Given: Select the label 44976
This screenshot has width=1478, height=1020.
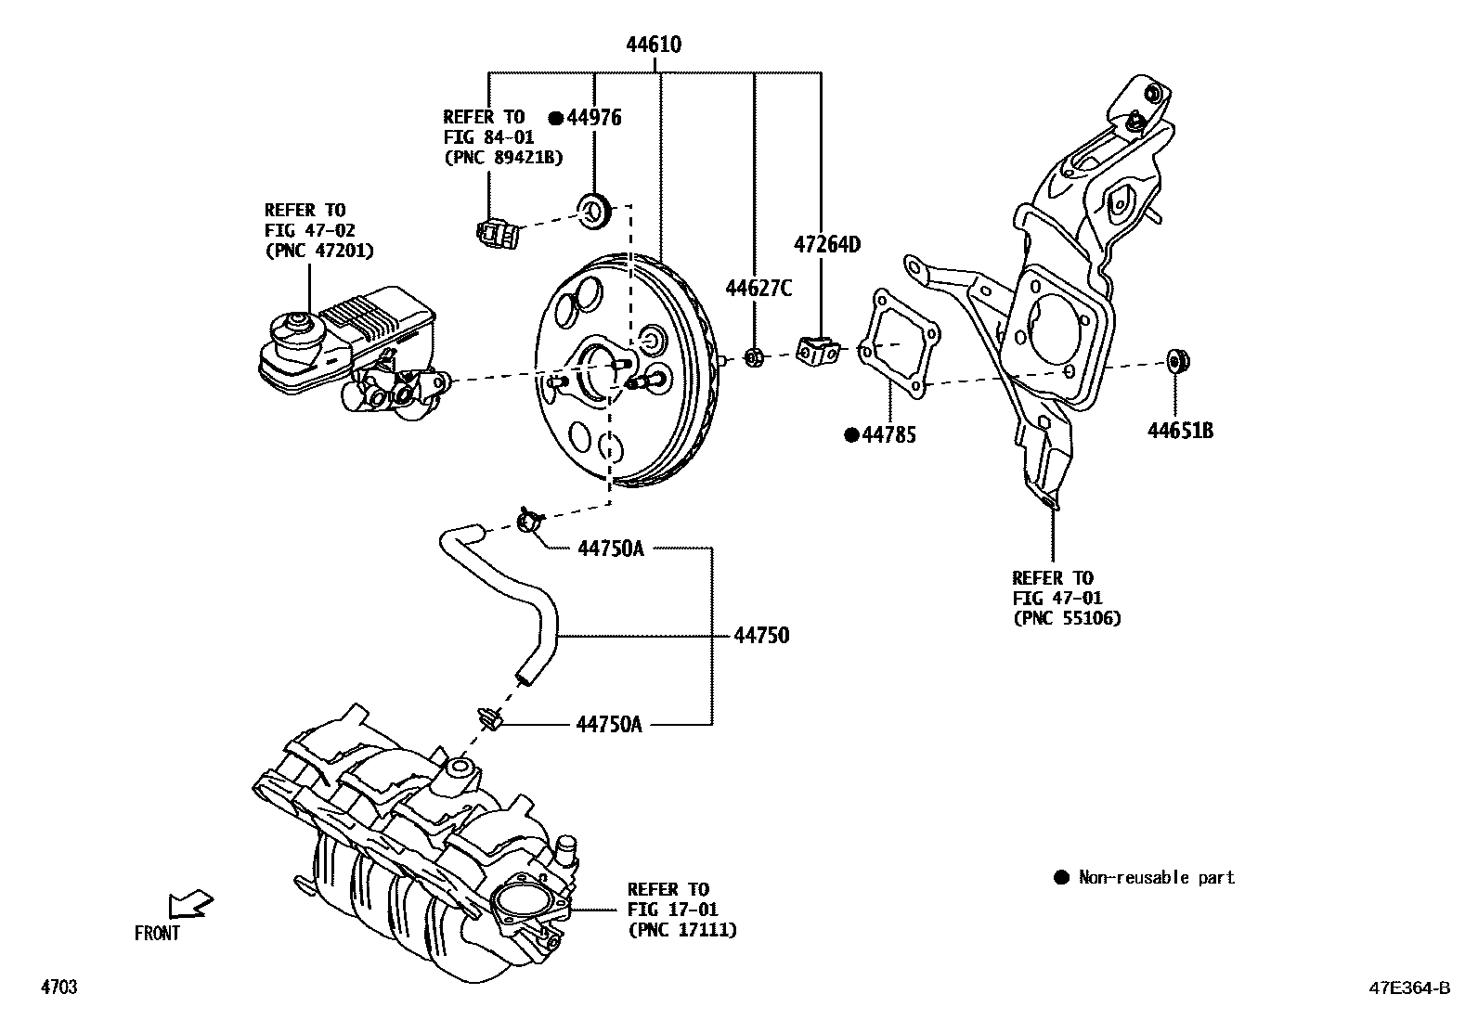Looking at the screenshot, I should (594, 118).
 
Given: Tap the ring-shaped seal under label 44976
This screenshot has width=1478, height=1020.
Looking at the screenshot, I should (594, 208).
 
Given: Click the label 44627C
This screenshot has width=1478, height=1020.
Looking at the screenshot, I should (758, 289).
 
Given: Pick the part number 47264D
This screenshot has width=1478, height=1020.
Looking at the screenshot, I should (826, 245).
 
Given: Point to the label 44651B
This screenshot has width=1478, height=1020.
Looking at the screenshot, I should (1180, 431).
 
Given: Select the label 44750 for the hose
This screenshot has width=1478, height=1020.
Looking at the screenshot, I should (761, 636).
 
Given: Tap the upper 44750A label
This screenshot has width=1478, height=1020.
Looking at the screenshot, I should (610, 549).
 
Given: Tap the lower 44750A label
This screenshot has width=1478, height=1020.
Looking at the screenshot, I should (608, 723).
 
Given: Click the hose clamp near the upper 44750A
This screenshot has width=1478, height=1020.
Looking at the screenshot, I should (529, 521).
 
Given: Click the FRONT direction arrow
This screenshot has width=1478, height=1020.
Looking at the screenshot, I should (190, 904).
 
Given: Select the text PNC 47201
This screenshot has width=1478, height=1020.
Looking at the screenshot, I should (319, 251).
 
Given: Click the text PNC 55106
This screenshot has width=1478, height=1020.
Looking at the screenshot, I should (1067, 618).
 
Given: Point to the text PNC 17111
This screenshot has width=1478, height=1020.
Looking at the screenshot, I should (682, 929).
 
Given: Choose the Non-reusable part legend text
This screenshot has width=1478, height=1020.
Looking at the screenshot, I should (1156, 877).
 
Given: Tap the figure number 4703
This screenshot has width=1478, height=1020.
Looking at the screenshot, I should (58, 988).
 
